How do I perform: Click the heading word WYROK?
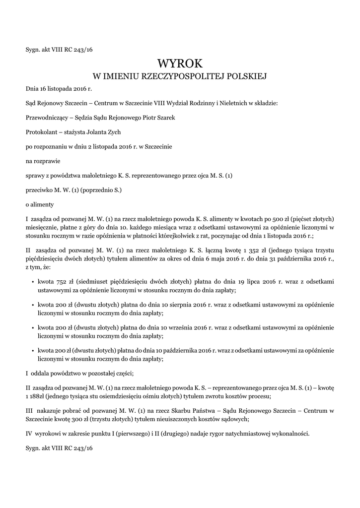pyautogui.click(x=180, y=63)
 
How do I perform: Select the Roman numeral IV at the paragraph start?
pyautogui.click(x=28, y=433)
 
